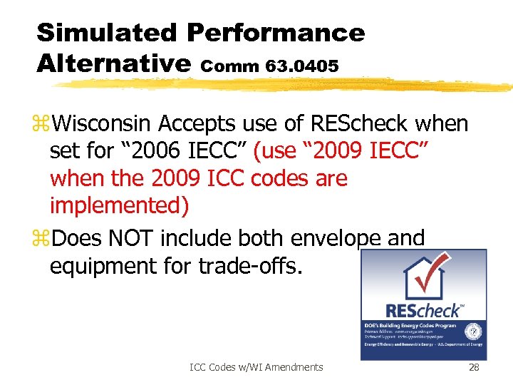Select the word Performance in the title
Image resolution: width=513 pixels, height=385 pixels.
[276, 32]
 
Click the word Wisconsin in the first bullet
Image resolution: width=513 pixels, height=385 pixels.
[103, 124]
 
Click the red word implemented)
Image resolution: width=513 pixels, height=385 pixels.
[120, 206]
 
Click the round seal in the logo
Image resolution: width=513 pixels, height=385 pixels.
[472, 332]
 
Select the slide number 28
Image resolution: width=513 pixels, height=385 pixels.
[474, 367]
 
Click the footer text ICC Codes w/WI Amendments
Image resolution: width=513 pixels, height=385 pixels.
[256, 367]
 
